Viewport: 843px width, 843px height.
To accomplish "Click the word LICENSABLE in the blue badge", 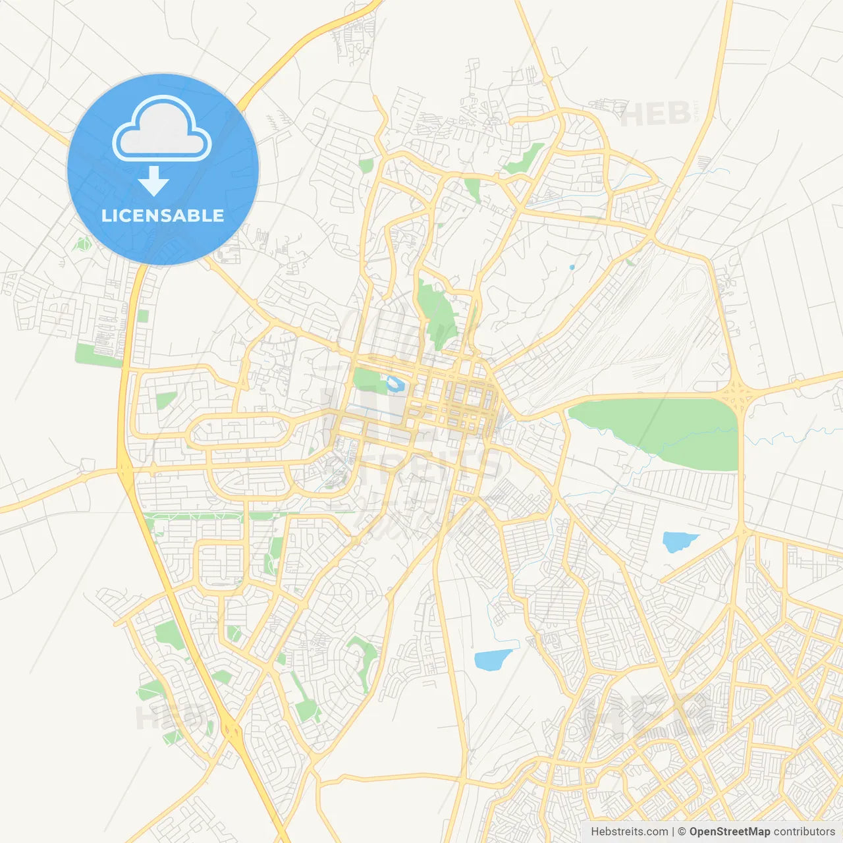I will (163, 216).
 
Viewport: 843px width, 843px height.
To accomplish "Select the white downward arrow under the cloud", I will (153, 181).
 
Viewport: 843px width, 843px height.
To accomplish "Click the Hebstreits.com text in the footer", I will (629, 832).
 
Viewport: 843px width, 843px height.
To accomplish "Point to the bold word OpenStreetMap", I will (729, 832).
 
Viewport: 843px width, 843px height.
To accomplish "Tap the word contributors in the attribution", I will (804, 832).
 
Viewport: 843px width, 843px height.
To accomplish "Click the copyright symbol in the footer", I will (682, 832).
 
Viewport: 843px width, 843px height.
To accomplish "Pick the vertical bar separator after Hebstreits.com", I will (673, 832).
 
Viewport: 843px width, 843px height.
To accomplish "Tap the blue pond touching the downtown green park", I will (395, 383).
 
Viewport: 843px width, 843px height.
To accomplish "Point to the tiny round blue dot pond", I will (572, 267).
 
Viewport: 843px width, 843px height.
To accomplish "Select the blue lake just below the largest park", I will (678, 541).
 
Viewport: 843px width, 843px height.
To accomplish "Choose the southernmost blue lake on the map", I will (492, 659).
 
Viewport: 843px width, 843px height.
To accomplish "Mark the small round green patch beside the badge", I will (82, 244).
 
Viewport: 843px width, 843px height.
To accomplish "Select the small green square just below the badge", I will (143, 316).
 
